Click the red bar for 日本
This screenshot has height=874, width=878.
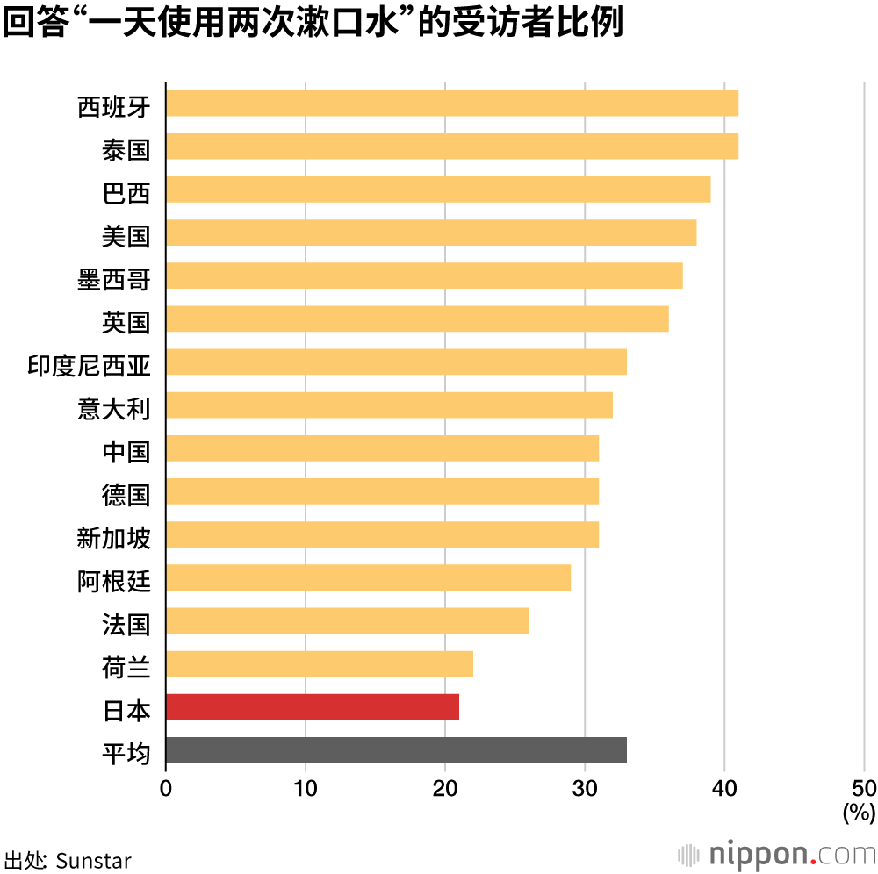312,706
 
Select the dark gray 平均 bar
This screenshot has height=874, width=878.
396,749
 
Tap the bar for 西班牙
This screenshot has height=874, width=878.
451,104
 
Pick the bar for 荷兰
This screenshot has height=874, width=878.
319,663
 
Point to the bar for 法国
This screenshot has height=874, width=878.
347,620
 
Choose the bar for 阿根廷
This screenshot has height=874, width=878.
368,577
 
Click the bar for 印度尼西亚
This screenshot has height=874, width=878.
396,362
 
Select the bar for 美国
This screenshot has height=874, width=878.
430,233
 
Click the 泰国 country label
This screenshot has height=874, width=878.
126,150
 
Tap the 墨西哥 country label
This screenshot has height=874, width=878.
114,280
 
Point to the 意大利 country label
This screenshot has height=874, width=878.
114,409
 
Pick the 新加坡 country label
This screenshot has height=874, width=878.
114,538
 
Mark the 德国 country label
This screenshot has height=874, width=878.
126,495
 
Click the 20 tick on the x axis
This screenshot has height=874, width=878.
445,787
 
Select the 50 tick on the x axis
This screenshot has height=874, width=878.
864,787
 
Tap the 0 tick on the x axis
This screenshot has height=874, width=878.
166,787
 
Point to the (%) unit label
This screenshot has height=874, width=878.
859,813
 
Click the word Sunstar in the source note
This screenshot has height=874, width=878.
93,859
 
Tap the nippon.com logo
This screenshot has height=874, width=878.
777,854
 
